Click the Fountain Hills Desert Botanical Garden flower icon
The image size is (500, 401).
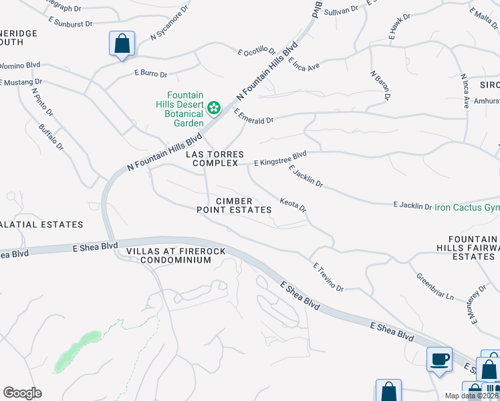tap(214, 107)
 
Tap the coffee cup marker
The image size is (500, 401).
tap(439, 360)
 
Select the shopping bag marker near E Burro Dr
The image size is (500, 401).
tap(122, 44)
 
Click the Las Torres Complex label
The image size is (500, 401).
tap(215, 158)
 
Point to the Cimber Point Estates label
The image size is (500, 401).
tap(234, 205)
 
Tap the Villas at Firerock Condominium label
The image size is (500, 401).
tap(176, 255)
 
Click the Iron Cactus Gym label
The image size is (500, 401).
tap(467, 207)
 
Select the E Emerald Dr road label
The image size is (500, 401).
tap(254, 116)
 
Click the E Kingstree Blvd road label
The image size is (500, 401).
tap(280, 158)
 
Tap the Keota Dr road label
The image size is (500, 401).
tap(293, 205)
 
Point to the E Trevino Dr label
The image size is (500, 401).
tap(328, 277)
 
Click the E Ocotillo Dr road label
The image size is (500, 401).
tap(256, 51)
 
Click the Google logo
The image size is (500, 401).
tap(22, 393)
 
